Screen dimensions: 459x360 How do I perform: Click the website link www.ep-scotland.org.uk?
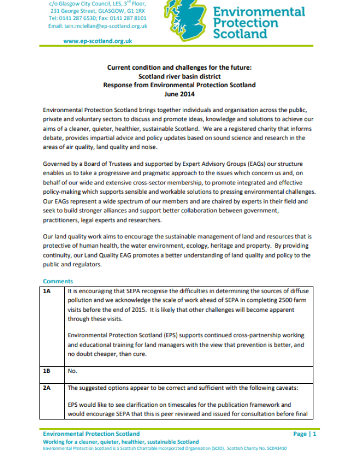[98, 41]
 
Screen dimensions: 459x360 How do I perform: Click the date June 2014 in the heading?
[179, 94]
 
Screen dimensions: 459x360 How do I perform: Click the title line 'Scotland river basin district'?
[179, 76]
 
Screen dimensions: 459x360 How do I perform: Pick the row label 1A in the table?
[47, 292]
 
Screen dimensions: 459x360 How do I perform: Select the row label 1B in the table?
[47, 371]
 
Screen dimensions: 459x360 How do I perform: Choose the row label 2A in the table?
[47, 388]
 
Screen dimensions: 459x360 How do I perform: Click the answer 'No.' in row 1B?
[72, 371]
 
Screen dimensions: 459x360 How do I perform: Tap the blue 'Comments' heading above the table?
[58, 282]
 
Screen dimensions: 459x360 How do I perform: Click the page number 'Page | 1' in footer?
[305, 434]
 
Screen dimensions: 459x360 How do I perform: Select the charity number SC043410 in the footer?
[274, 449]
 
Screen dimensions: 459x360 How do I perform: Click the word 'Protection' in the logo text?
[245, 23]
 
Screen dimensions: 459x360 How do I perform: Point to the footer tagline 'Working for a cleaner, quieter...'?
[121, 441]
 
